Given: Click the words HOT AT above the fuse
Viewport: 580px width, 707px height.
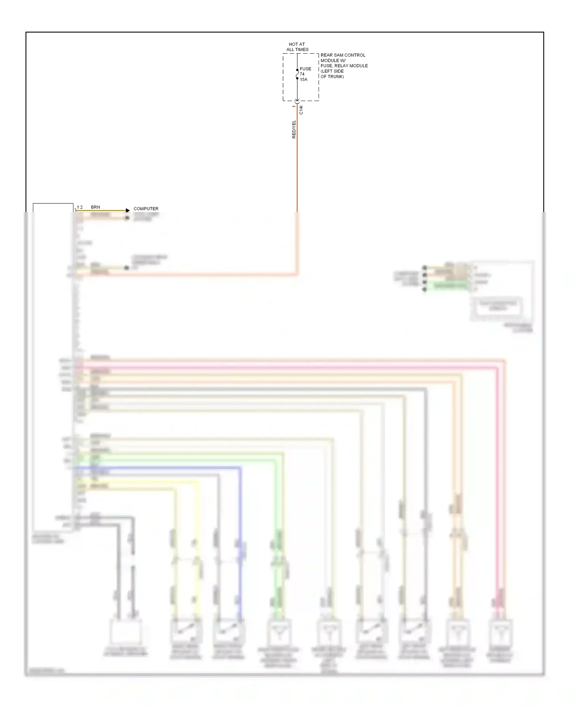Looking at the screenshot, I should (x=297, y=44).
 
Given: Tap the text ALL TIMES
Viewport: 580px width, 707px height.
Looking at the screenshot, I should (x=297, y=50).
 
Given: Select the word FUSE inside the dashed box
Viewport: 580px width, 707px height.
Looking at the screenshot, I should (x=305, y=69).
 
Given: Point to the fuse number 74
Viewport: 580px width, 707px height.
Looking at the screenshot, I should (x=302, y=74).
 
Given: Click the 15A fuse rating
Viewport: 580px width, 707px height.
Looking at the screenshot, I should (x=304, y=79).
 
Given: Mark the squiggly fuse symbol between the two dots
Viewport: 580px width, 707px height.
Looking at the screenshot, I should (x=297, y=74).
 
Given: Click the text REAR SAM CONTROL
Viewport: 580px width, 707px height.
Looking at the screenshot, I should (x=343, y=55).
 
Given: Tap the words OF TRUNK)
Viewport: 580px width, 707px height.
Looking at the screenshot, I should (x=332, y=76).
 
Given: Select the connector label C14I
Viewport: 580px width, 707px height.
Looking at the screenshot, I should (x=301, y=110).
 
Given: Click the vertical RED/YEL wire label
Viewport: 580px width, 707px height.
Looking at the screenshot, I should (x=294, y=129).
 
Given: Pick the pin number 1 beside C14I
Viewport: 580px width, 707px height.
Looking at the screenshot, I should (x=293, y=106).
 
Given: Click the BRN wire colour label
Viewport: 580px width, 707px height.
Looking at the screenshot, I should (x=96, y=207).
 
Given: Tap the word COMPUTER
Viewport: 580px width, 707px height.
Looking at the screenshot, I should (x=146, y=208).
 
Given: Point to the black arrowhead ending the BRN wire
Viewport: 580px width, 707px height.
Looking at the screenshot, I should (x=128, y=210).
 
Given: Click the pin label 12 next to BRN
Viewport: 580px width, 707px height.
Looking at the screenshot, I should (x=80, y=207).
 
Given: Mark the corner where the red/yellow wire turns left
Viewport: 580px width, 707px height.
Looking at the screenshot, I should (x=297, y=275).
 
